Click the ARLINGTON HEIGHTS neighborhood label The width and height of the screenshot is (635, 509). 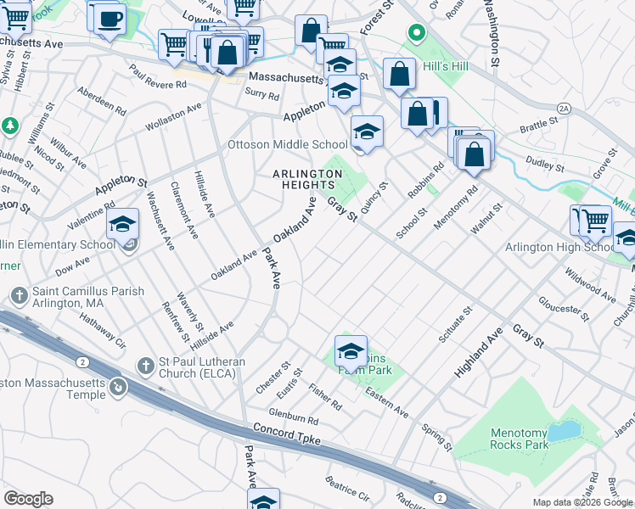[x=306, y=182]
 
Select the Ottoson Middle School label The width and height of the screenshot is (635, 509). [x=288, y=145]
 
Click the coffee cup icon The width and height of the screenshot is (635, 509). [x=109, y=19]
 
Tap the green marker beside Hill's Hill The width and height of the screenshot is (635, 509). [x=416, y=33]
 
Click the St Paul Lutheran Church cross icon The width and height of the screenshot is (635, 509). [x=146, y=366]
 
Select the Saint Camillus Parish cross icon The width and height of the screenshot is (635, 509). [x=19, y=295]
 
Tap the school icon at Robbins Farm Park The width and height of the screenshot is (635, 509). [x=351, y=350]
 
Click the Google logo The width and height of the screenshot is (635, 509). [x=28, y=499]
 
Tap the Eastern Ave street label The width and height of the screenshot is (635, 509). [x=386, y=401]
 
